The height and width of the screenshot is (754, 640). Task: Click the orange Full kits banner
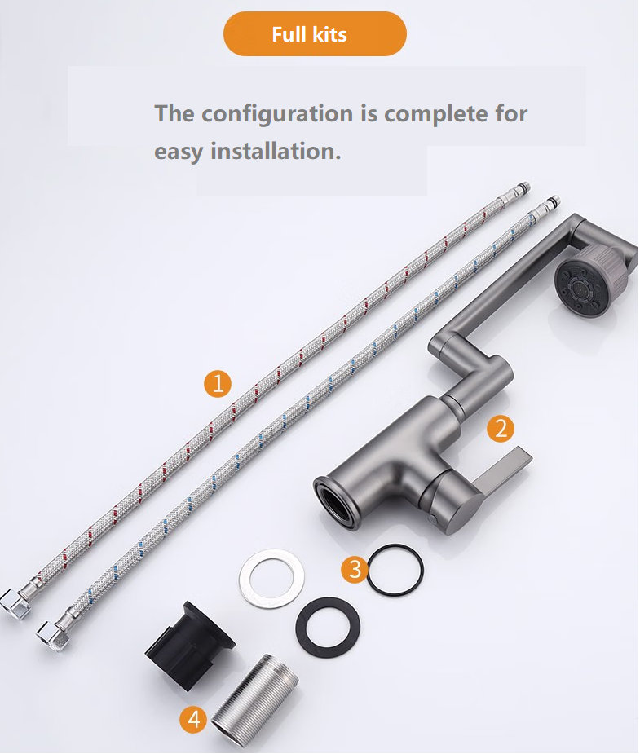[x=315, y=34]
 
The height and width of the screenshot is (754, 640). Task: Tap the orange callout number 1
[x=218, y=384]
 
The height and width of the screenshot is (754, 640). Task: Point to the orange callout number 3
[x=355, y=569]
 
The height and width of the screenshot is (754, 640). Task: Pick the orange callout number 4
[x=194, y=720]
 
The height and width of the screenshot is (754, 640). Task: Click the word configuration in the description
[x=277, y=114]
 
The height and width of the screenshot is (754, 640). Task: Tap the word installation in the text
[x=276, y=151]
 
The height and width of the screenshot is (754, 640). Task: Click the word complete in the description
[x=435, y=114]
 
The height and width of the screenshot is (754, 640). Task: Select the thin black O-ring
[x=395, y=571]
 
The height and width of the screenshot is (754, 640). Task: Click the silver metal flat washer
[x=272, y=577]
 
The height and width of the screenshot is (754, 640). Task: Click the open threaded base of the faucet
[x=335, y=503]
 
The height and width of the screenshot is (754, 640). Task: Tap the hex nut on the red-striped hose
[x=14, y=603]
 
